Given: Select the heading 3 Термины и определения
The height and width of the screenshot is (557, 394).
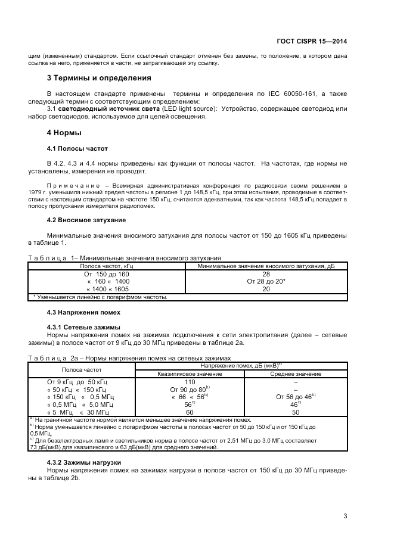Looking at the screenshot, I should (x=98, y=78).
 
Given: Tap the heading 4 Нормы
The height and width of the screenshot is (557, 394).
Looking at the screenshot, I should (x=64, y=132).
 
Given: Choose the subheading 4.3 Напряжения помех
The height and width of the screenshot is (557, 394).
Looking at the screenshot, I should (x=83, y=312).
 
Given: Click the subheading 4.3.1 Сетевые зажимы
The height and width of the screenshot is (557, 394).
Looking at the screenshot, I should (x=83, y=327).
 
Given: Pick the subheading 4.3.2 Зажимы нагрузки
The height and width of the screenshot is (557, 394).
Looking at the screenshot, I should (x=84, y=462).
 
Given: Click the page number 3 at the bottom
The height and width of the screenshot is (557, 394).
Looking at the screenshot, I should (x=345, y=516).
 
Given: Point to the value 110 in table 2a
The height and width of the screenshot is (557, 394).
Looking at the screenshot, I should (x=190, y=382).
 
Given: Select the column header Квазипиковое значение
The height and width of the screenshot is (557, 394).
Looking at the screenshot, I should (x=190, y=374).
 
